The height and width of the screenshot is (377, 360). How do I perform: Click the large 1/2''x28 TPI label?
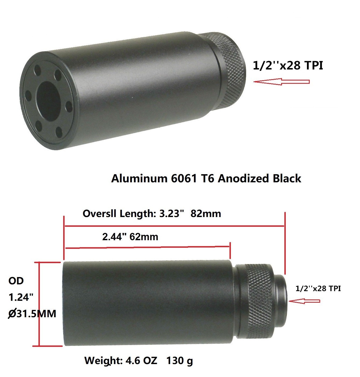(x=288, y=65)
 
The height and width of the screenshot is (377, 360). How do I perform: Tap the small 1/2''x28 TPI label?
(x=318, y=288)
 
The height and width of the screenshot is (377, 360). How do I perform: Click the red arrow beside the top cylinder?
(x=281, y=81)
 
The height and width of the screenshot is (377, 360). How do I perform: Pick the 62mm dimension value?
(x=144, y=237)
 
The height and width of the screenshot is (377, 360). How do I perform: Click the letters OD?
(x=16, y=281)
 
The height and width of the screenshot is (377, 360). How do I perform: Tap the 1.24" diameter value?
(x=21, y=297)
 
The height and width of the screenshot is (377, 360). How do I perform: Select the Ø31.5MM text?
(x=32, y=313)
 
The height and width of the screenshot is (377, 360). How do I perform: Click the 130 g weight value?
(x=179, y=360)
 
